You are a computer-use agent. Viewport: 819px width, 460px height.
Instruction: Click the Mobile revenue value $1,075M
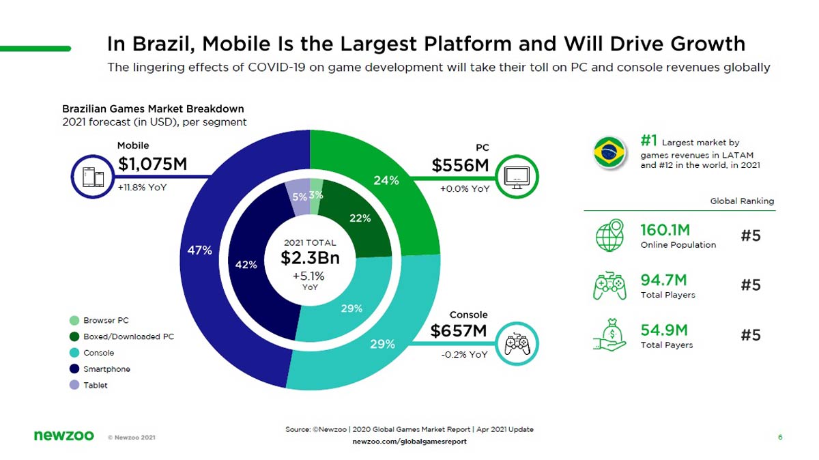pos(152,164)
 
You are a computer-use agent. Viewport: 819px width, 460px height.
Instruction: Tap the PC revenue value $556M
pos(460,165)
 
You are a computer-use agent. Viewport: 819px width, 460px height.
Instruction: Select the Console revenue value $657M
pos(459,332)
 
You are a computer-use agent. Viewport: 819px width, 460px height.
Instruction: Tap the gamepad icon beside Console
pos(517,343)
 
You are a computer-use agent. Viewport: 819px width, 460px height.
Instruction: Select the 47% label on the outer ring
pos(200,250)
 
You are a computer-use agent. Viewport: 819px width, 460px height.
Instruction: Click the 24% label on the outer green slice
pos(386,181)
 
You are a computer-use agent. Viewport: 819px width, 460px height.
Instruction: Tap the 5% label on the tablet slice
pos(299,197)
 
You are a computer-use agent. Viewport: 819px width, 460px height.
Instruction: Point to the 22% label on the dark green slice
pos(360,218)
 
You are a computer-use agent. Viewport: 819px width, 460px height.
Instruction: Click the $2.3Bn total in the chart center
pos(310,259)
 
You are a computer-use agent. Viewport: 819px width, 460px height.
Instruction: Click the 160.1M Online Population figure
pos(665,229)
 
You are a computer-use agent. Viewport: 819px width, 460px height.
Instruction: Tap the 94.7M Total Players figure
pos(663,280)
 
